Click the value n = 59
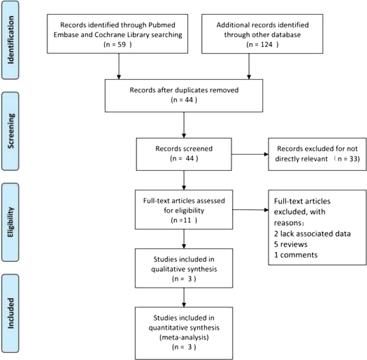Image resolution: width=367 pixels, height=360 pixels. (118, 44)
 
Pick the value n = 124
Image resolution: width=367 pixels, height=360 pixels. (262, 44)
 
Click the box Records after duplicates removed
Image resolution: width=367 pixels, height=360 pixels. (184, 95)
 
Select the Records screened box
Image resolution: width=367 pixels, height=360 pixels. (184, 154)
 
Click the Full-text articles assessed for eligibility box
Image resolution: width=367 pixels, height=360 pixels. (184, 209)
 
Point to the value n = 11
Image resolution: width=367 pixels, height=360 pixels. (184, 220)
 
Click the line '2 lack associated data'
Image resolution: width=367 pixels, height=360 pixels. (312, 234)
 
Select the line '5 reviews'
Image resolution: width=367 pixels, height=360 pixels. (291, 244)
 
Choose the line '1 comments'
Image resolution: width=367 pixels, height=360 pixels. (295, 255)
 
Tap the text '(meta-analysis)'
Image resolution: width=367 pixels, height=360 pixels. (184, 337)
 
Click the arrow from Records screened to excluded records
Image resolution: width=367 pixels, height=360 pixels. (250, 154)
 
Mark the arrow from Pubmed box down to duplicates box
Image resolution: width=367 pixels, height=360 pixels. (119, 66)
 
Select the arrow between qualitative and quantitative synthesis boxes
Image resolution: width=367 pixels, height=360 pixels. (184, 297)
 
